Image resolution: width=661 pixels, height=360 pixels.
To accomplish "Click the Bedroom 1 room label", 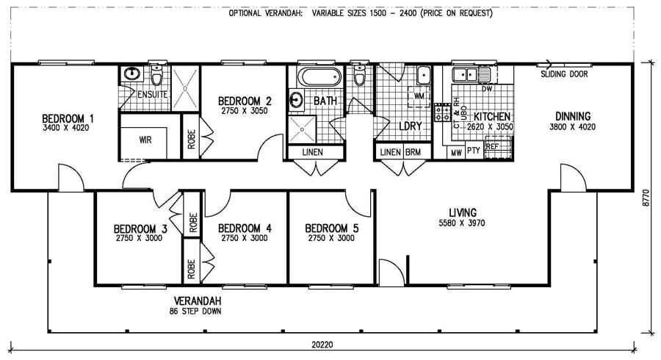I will (x=68, y=118).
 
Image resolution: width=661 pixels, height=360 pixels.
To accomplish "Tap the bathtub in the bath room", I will (x=317, y=76).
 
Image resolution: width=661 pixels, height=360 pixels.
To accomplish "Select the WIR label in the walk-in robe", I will (x=145, y=140).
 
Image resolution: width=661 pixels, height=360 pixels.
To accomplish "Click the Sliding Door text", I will (x=563, y=74).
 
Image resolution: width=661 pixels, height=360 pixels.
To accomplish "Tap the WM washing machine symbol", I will (x=419, y=96).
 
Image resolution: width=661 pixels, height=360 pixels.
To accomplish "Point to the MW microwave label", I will (x=456, y=152).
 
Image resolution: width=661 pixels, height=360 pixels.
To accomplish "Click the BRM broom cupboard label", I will (x=412, y=152).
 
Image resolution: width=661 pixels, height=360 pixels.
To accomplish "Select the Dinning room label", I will (x=572, y=116).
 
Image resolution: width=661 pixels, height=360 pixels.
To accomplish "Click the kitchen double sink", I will (x=466, y=73).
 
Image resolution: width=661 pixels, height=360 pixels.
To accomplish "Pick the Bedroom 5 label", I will (x=331, y=228).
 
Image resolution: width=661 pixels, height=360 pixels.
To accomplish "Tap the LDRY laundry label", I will (x=410, y=126).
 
